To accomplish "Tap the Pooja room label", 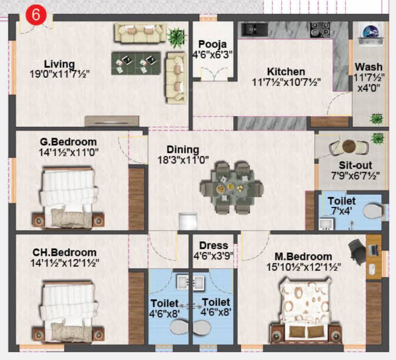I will coord(213,45).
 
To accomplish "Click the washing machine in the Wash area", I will coord(371,35).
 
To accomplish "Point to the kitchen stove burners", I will coord(320,29).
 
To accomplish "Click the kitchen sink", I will coord(254,29).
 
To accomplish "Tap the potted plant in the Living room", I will coord(177,37).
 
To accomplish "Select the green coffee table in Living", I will coord(136,63).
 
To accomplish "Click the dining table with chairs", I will coord(231,187).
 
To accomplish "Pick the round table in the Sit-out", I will coord(349,147).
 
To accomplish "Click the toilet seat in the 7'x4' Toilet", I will coord(373,211).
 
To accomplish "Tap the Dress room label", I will coord(213,246).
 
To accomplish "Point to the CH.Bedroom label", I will coord(61,253).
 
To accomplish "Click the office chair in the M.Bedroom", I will coord(357,247).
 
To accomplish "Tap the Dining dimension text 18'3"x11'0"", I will coord(183,159).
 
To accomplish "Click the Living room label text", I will coord(59,64).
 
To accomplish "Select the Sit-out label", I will coord(355,165).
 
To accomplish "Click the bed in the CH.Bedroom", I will coord(69,309).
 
